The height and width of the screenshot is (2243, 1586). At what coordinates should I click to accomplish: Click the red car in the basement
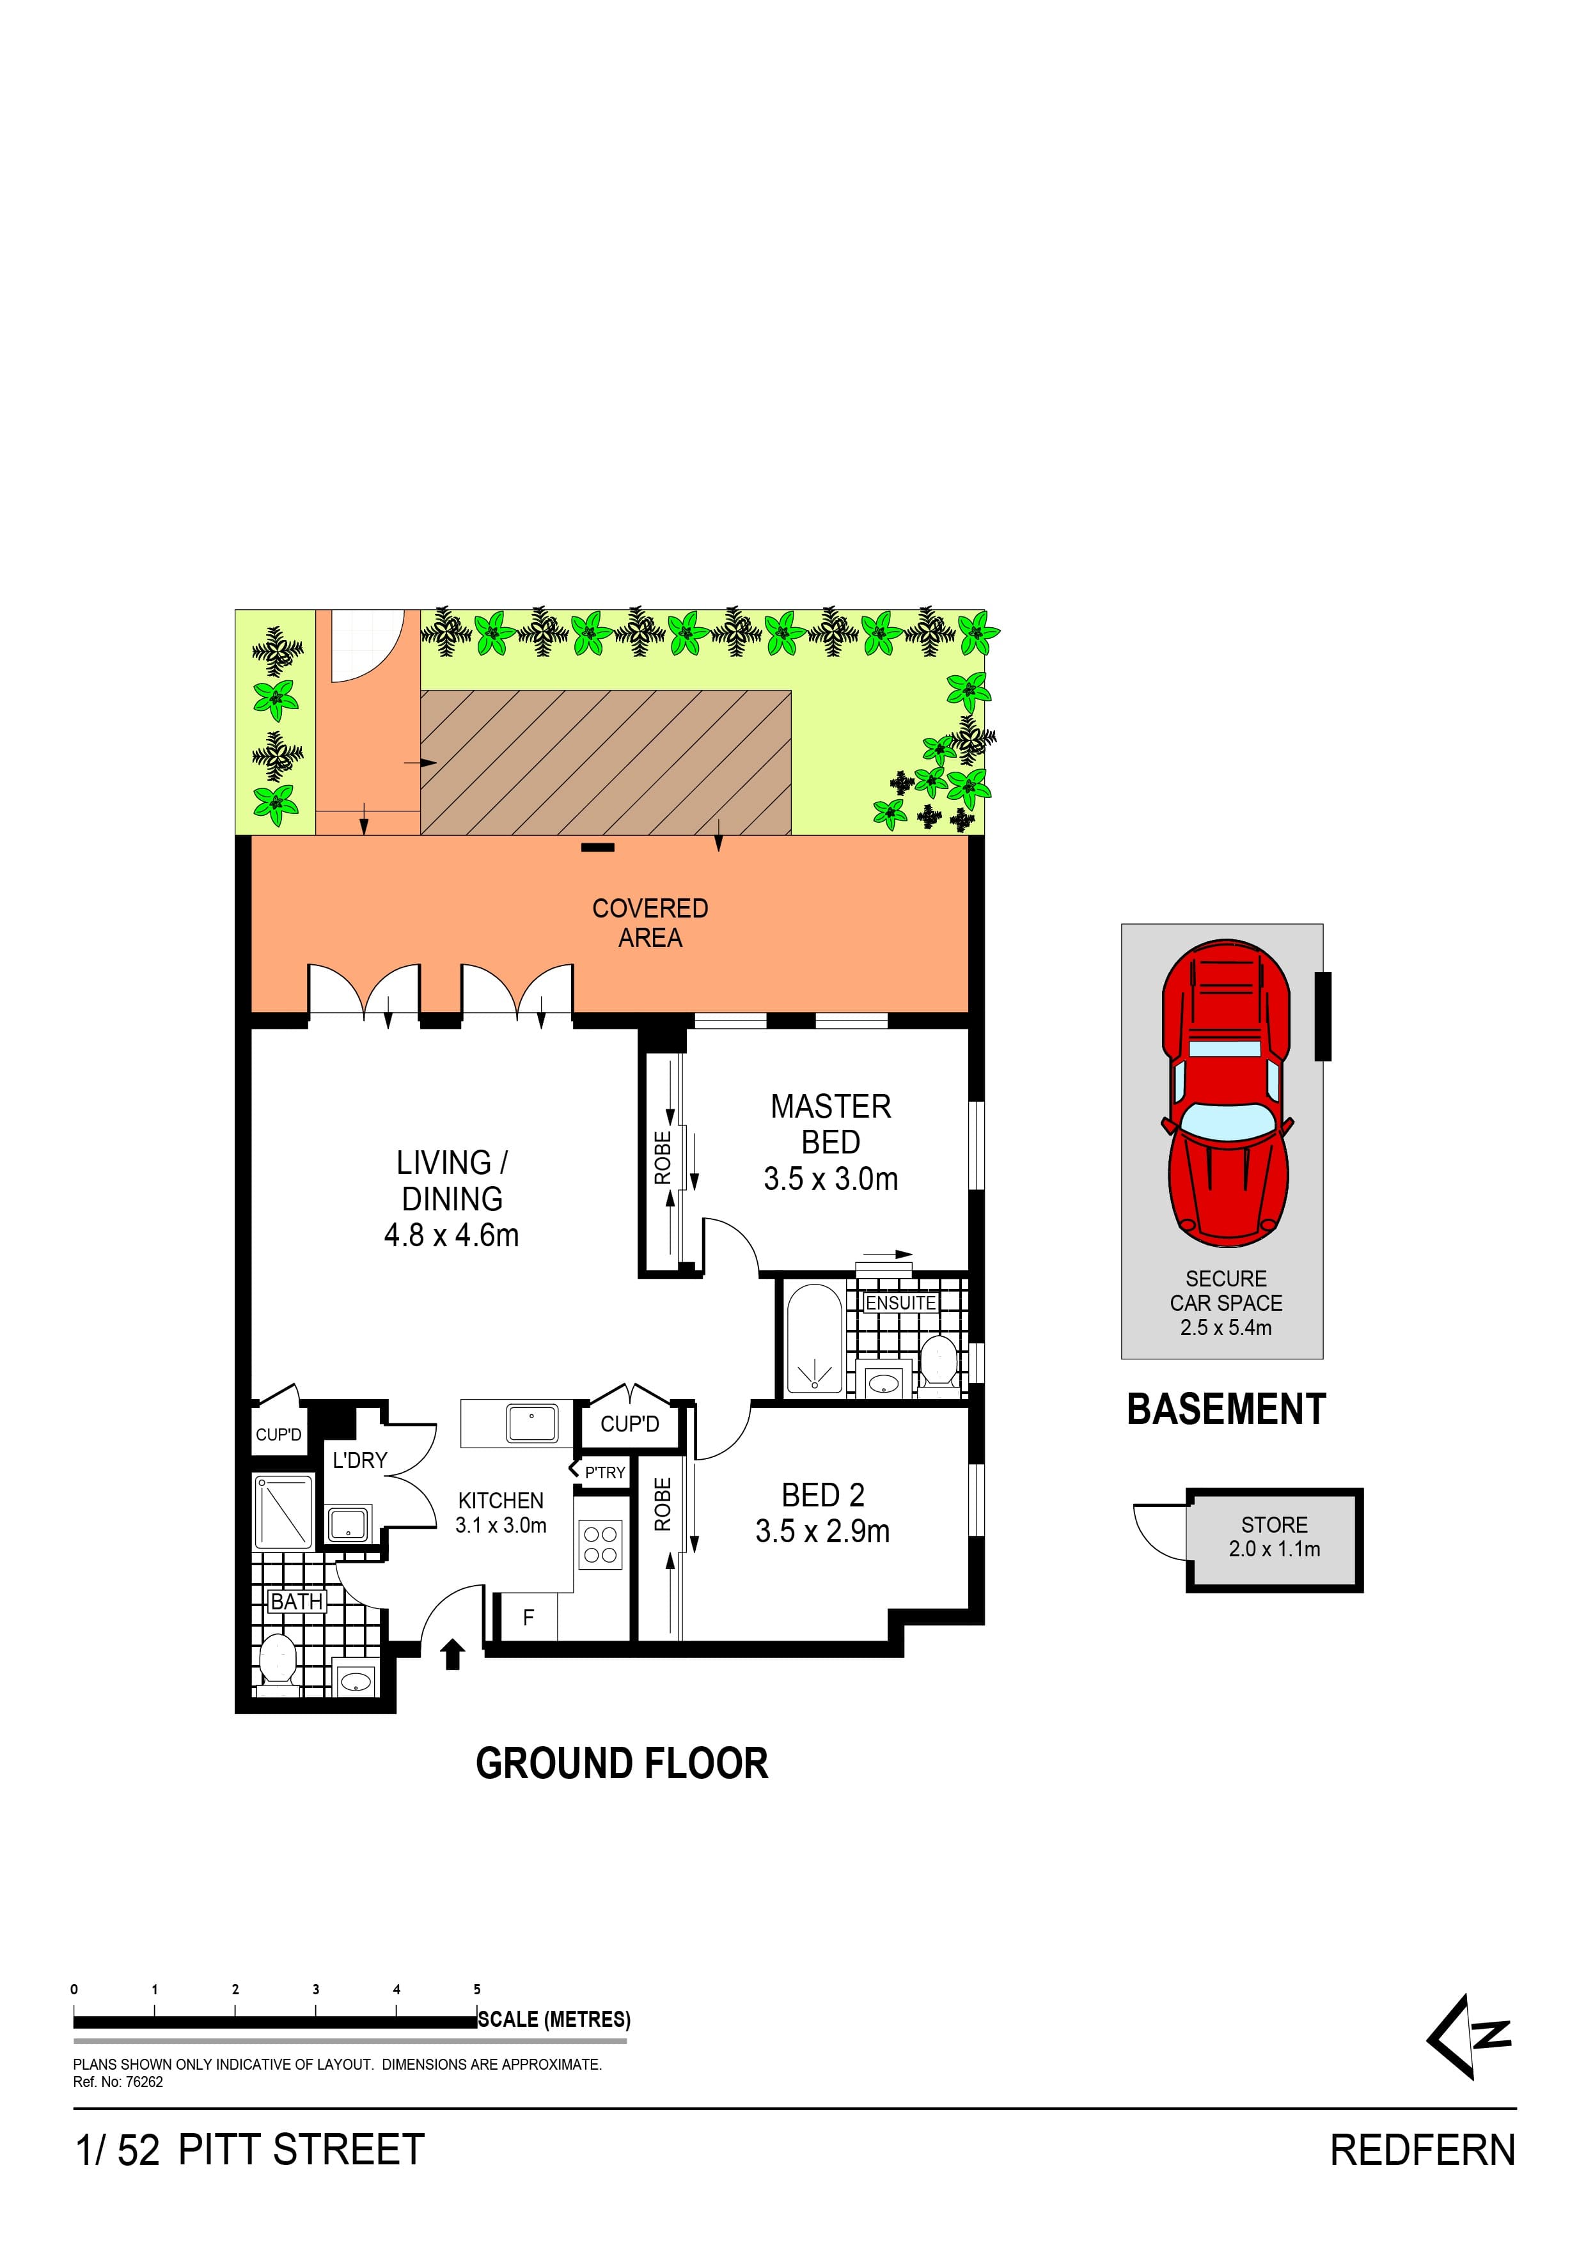[x=1225, y=1093]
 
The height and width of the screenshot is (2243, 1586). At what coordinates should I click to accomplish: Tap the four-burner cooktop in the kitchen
[x=600, y=1545]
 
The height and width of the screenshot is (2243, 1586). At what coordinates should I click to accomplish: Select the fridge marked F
[x=529, y=1618]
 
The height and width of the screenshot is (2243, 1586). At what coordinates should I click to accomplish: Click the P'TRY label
[x=605, y=1473]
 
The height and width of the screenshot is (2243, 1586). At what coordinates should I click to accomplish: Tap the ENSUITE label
[x=900, y=1303]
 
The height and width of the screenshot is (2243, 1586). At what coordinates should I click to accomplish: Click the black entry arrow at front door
[x=451, y=1655]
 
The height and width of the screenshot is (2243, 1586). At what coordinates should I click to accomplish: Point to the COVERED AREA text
[x=650, y=922]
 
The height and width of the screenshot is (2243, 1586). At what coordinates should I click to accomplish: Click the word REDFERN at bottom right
[x=1422, y=2150]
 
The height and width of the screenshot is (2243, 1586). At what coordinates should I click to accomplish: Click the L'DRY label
[x=359, y=1460]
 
